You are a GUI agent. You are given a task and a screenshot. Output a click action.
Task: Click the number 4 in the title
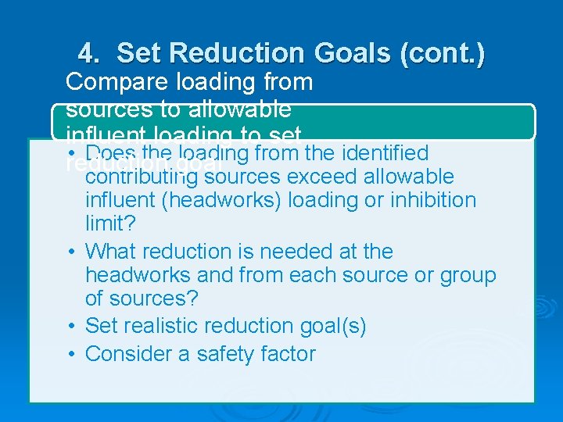(88, 54)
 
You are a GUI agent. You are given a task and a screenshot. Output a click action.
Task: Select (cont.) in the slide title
(442, 54)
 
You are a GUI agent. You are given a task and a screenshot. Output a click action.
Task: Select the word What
(109, 252)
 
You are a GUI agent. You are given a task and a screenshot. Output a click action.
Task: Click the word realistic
(163, 326)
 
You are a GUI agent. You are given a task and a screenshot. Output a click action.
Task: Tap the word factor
(289, 354)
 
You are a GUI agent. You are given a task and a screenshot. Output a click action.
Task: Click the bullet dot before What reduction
(70, 252)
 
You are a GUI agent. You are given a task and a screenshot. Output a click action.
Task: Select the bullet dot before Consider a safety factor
(70, 354)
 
